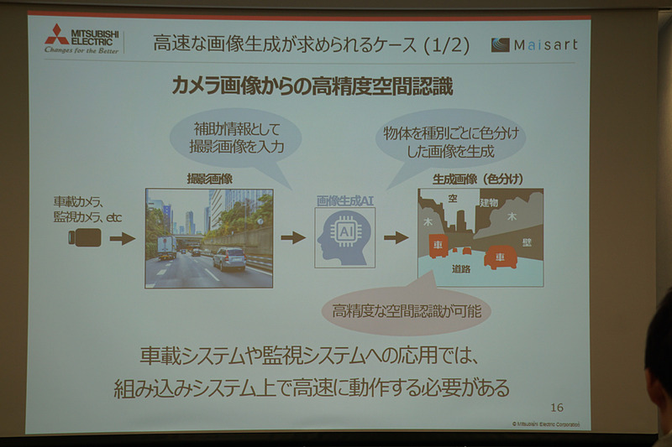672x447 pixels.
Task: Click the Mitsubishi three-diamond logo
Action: click(x=57, y=34)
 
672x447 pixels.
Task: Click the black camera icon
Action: click(x=84, y=237)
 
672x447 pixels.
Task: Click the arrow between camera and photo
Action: click(x=122, y=238)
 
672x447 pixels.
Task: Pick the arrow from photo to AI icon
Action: click(x=292, y=237)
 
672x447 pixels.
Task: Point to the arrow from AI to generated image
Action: click(x=396, y=237)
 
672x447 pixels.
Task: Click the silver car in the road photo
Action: click(x=228, y=257)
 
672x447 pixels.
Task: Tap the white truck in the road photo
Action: click(x=166, y=247)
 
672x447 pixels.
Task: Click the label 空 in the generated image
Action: click(x=452, y=199)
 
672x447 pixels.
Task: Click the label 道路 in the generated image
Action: click(x=460, y=269)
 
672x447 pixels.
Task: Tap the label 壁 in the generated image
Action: click(x=526, y=242)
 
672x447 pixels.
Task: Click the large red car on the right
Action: click(x=500, y=257)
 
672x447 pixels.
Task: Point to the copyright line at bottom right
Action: click(x=545, y=424)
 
